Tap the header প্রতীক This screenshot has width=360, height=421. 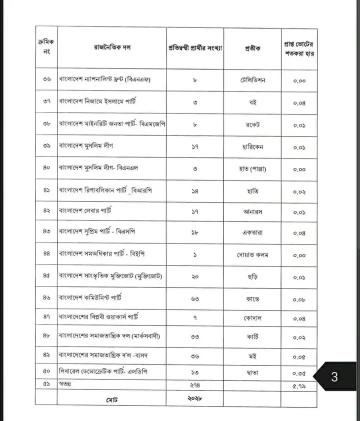(x=252, y=48)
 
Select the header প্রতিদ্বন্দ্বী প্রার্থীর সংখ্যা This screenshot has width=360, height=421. (x=195, y=48)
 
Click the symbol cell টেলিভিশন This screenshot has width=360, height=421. (x=252, y=80)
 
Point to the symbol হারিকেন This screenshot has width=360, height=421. (x=252, y=147)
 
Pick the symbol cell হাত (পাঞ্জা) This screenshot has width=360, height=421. (x=252, y=169)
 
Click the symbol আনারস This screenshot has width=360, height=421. (x=252, y=212)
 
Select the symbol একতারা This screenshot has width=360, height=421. (x=252, y=233)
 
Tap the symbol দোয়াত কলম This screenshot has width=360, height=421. (x=252, y=254)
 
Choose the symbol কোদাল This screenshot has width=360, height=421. (x=253, y=318)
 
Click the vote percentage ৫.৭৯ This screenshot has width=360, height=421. (x=299, y=385)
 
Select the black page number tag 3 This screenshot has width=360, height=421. (x=334, y=377)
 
